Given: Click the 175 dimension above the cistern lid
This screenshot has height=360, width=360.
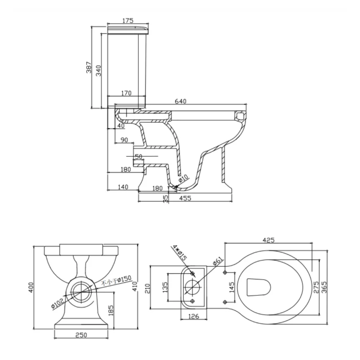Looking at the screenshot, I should [x=127, y=20].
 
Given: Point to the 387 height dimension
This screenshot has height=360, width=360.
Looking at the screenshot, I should [x=89, y=68].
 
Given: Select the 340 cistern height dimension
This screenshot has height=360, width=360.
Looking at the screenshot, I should [x=99, y=70].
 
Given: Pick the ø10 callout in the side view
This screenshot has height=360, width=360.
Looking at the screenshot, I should [x=183, y=179].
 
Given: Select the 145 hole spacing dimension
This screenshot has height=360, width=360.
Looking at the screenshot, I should [x=232, y=286].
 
